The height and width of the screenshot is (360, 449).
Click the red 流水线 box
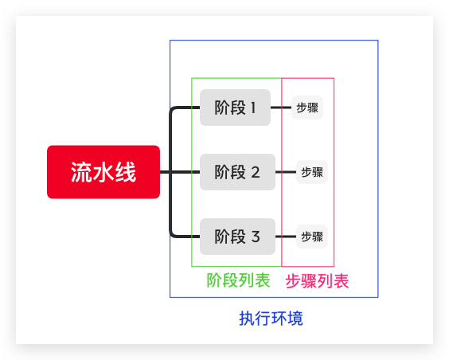103,172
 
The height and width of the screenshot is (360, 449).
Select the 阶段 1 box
235,108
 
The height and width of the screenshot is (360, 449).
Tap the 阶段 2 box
237,172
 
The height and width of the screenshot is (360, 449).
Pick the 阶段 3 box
237,237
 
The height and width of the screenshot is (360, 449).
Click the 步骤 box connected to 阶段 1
307,108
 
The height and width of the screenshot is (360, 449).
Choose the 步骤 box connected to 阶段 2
312,172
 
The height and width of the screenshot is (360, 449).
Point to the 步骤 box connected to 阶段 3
312,237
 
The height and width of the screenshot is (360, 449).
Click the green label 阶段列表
238,280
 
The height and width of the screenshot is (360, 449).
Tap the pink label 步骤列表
317,281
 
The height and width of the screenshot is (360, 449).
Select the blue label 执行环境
271,319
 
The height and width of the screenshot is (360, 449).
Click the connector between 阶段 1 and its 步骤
281,108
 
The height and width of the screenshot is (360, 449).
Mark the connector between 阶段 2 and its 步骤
286,172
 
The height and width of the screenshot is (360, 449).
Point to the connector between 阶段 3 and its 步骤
286,237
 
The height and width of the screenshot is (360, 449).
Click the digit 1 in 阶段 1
253,108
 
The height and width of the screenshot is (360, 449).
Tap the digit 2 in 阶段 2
256,172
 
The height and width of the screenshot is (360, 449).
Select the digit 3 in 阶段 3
256,237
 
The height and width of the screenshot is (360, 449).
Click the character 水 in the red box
103,172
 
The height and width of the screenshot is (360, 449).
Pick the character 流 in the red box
81,172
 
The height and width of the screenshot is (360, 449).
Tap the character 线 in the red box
126,172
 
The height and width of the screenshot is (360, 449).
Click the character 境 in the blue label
295,319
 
